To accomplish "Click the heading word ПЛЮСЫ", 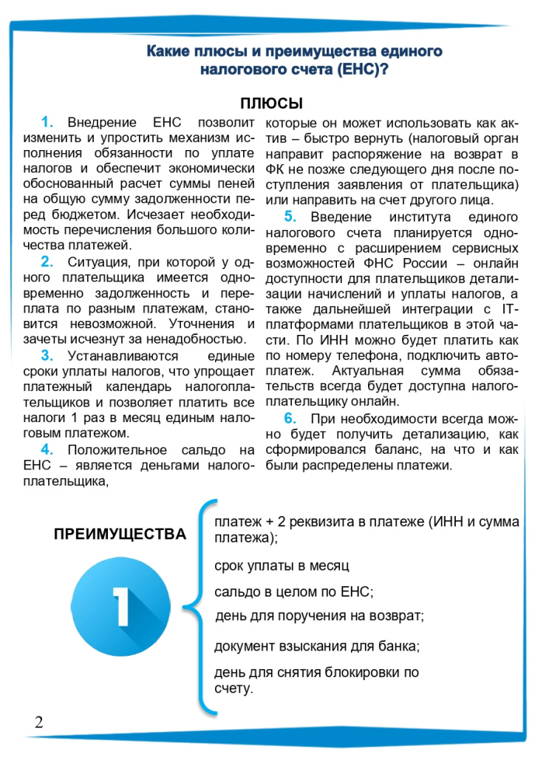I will click(x=271, y=103).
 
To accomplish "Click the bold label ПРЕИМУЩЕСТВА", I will click(x=120, y=534).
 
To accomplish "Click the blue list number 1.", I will click(x=48, y=122).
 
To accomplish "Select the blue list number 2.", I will click(x=47, y=262).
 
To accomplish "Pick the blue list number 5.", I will click(x=290, y=216).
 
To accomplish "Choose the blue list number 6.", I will click(x=290, y=418).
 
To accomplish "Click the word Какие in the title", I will click(x=168, y=52).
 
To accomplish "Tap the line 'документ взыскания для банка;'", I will click(x=317, y=645).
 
